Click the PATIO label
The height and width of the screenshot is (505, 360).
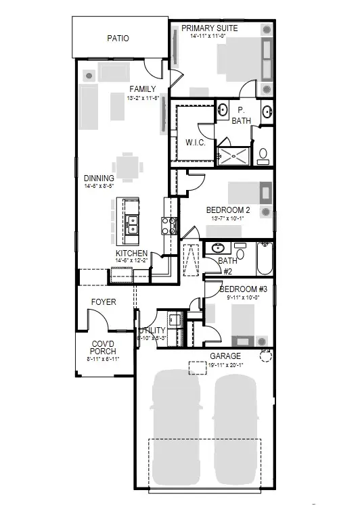coord(117,39)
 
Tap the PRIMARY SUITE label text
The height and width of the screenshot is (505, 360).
coord(208,28)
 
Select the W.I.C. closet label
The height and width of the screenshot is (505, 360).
coord(194,143)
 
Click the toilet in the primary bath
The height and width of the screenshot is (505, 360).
coord(263,155)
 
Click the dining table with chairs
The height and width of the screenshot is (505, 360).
coord(128,164)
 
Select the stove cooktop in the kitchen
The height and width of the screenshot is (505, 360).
coord(166,224)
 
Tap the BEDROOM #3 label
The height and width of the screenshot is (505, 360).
coord(244,290)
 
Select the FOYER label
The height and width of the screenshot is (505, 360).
coord(104,302)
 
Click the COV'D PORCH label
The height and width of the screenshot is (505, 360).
coord(104,347)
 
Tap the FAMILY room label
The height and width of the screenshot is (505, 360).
coord(143,89)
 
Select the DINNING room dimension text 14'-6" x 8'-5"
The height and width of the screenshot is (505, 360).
coord(99,186)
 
